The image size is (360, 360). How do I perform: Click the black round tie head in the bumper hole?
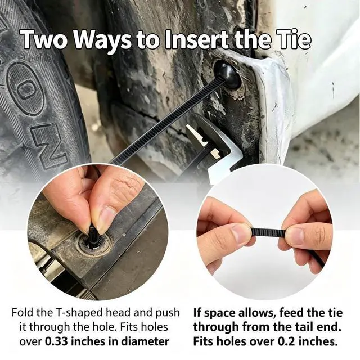(227, 75)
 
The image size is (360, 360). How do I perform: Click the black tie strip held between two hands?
(269, 232)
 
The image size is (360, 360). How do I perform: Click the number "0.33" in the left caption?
(56, 341)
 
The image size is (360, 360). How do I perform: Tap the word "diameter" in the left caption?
(145, 341)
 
